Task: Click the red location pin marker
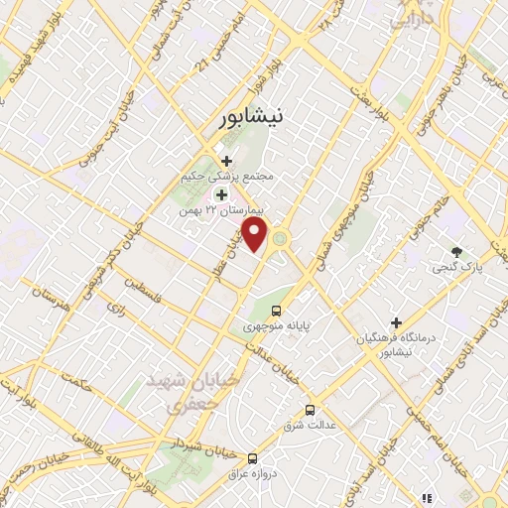pyautogui.click(x=257, y=236)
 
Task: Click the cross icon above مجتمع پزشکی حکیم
pyautogui.click(x=226, y=160)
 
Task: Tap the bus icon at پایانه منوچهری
pyautogui.click(x=276, y=308)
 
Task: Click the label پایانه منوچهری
pyautogui.click(x=277, y=324)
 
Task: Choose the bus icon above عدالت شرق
pyautogui.click(x=311, y=409)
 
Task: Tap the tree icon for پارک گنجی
pyautogui.click(x=456, y=252)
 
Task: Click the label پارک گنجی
pyautogui.click(x=451, y=268)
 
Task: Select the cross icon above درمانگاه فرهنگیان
pyautogui.click(x=396, y=323)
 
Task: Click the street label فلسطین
pyautogui.click(x=143, y=290)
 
